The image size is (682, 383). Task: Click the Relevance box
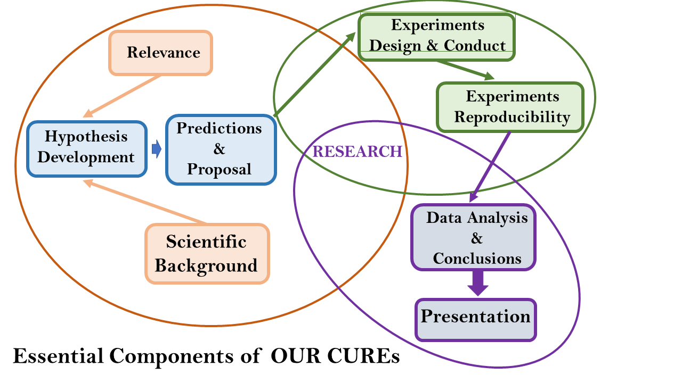click(161, 52)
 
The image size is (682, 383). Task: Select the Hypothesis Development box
click(86, 147)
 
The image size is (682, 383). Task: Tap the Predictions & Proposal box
click(220, 149)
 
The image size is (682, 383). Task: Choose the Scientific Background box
click(207, 253)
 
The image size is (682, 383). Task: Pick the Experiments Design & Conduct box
click(437, 35)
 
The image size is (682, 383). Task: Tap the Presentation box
click(476, 318)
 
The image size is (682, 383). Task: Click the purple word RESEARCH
click(357, 152)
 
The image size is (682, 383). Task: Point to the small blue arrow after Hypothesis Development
click(156, 149)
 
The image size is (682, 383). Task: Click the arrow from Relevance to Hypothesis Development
click(123, 96)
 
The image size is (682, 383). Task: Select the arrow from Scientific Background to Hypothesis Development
click(144, 202)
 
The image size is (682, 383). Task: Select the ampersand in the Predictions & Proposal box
click(220, 149)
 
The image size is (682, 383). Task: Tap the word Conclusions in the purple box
click(477, 258)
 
